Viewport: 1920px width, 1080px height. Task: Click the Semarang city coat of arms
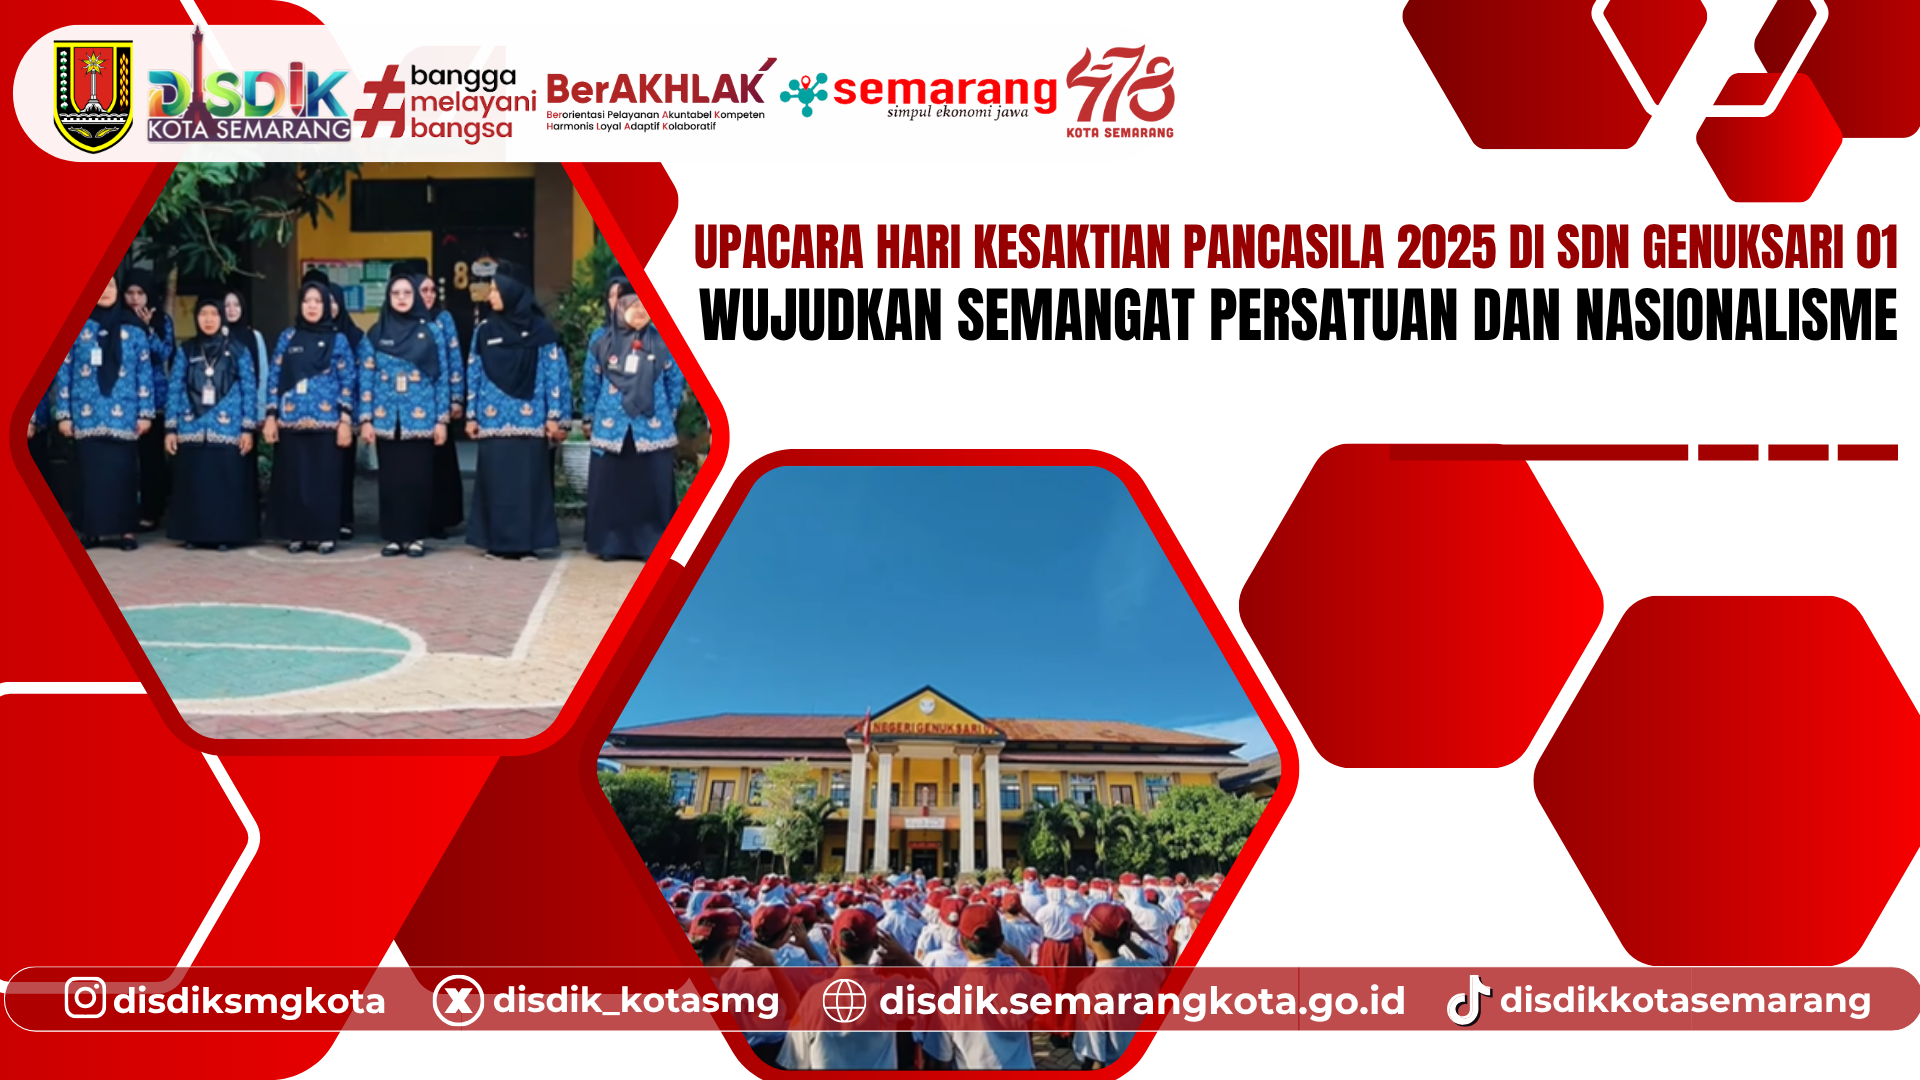pos(93,95)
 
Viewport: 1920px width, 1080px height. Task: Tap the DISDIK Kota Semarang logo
pos(249,95)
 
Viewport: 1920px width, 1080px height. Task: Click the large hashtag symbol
pos(381,101)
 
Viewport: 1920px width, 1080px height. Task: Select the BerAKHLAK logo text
pos(656,91)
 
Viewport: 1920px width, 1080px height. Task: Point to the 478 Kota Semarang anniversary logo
pos(1120,90)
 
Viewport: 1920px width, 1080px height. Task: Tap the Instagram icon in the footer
pos(85,998)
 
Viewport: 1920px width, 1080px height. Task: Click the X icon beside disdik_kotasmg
pos(458,1000)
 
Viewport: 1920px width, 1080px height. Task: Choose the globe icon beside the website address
pos(844,1000)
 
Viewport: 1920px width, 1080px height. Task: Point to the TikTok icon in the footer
pos(1468,1000)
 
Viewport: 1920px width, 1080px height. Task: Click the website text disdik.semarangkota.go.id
pos(1142,1000)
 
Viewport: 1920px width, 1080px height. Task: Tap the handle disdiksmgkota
pos(249,1000)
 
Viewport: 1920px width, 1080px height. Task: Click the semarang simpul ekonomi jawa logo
pos(920,95)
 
